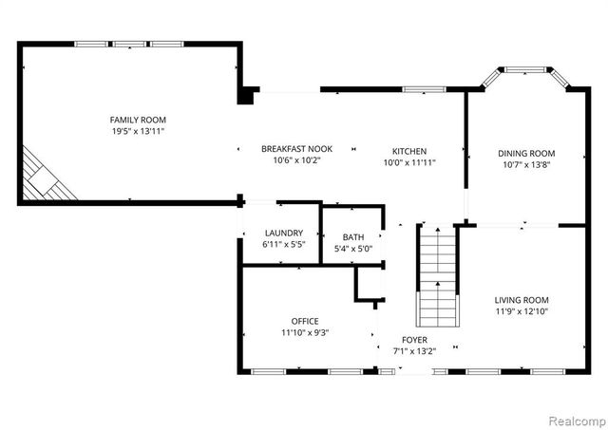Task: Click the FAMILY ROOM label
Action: [x=138, y=120]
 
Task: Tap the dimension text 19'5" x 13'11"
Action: [x=138, y=131]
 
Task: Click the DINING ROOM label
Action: [x=526, y=154]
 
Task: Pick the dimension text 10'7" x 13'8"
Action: [x=526, y=165]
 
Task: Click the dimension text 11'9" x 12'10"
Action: [x=522, y=311]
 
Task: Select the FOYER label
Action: [x=414, y=340]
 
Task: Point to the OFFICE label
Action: [x=305, y=321]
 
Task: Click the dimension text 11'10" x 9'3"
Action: [x=305, y=332]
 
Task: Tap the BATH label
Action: [x=353, y=237]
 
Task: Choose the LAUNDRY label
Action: [x=284, y=234]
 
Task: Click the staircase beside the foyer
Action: [x=437, y=275]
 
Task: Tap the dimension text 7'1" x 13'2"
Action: [x=414, y=351]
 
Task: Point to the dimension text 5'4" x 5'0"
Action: [x=353, y=249]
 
